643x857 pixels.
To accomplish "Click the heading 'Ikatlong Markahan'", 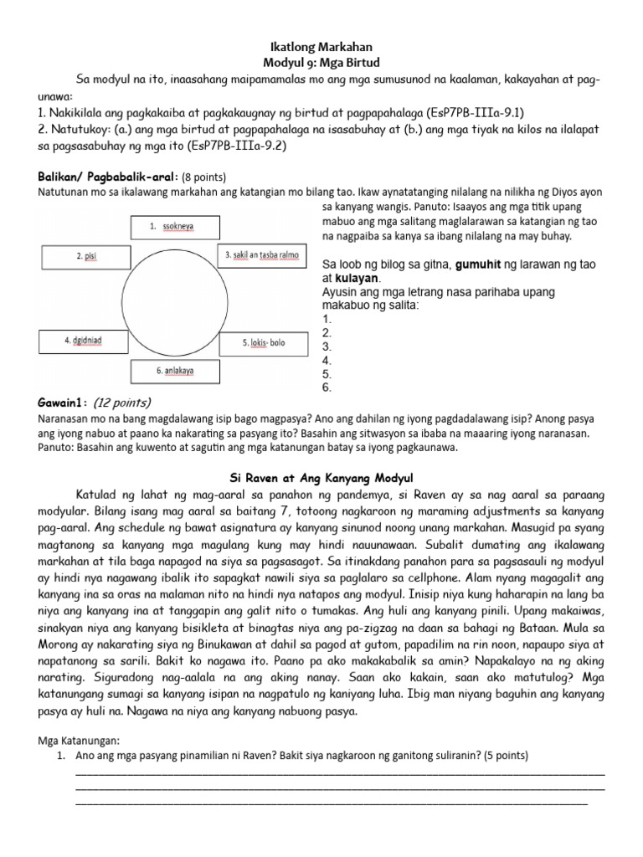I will [x=321, y=48].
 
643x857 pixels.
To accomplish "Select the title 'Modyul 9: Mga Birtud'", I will [x=321, y=64].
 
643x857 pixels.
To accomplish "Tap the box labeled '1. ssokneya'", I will [x=175, y=227].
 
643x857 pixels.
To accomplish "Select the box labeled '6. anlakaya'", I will [x=175, y=370].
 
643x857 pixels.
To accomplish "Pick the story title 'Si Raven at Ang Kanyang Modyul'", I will [x=321, y=478].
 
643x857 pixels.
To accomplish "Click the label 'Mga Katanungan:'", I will [x=80, y=741].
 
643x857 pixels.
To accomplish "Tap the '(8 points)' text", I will [x=204, y=177].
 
